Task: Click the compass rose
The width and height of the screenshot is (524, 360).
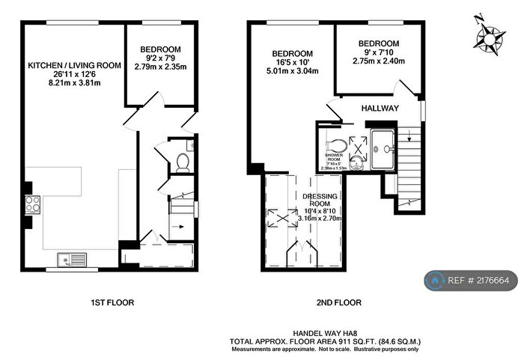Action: click(492, 35)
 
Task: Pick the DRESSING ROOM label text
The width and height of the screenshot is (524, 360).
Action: click(320, 199)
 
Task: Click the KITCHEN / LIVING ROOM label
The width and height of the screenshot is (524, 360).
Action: click(74, 66)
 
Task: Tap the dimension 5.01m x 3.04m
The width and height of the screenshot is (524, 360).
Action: click(292, 72)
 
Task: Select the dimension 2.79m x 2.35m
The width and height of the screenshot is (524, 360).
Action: click(159, 67)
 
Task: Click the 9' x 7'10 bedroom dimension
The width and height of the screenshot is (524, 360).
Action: click(377, 52)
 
